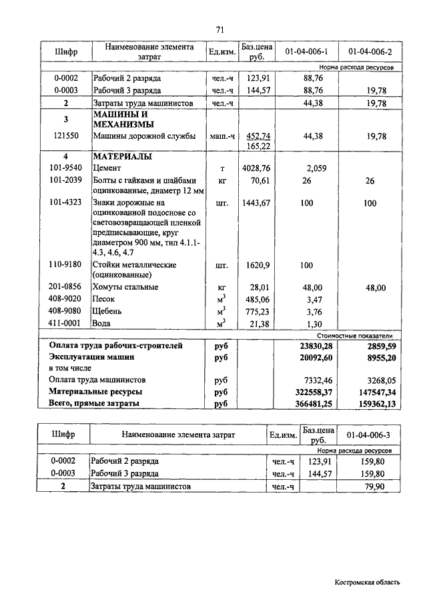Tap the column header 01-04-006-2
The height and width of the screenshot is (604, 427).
pos(370,51)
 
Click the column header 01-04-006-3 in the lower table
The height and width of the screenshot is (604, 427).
pos(369,435)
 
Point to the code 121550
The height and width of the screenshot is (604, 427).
pos(66,136)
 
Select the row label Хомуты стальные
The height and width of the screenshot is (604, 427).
pos(125,287)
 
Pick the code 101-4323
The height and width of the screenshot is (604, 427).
pos(65,202)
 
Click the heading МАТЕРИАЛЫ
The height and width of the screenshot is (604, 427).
pos(123,157)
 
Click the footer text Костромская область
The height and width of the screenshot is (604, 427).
pos(367,582)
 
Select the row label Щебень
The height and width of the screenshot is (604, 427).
pos(107,311)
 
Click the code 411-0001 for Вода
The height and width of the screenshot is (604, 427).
pos(65,323)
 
